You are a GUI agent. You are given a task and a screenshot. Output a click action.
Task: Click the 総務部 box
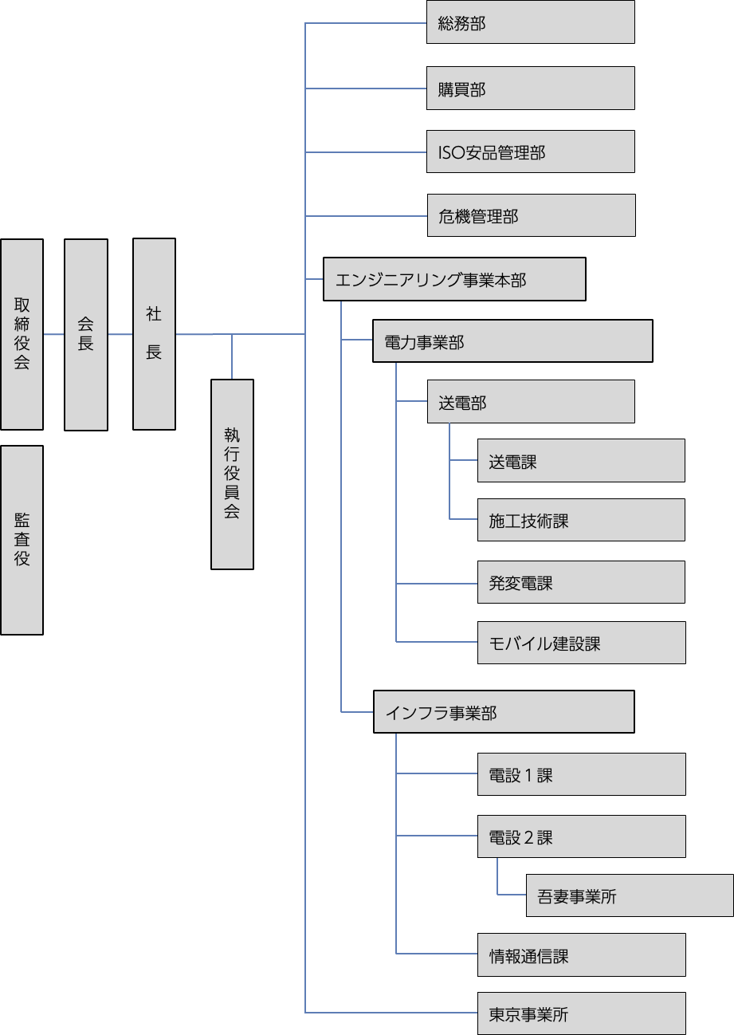[530, 22]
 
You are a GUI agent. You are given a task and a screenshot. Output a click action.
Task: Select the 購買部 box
[530, 88]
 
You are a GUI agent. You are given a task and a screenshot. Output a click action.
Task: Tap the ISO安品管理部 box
[530, 152]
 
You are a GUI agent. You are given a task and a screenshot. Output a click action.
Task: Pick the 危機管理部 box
[531, 215]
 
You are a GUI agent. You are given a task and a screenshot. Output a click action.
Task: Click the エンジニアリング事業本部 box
[454, 279]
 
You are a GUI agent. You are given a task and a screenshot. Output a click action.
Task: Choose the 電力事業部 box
[512, 341]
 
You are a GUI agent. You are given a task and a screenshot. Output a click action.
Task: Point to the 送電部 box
[530, 401]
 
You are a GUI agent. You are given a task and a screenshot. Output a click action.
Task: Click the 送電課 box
[581, 460]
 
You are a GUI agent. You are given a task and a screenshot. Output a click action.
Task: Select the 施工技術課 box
[581, 520]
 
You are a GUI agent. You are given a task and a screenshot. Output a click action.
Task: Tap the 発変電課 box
[581, 582]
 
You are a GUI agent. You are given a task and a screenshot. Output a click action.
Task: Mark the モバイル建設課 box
[581, 643]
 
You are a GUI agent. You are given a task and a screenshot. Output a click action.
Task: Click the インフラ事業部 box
[504, 712]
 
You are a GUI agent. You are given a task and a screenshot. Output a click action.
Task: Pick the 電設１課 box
[581, 774]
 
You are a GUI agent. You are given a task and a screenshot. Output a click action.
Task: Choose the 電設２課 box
[581, 836]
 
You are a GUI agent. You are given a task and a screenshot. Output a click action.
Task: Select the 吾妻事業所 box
[630, 895]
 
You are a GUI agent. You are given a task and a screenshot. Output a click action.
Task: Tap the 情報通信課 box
[581, 954]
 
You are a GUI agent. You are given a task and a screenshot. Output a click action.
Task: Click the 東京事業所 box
[581, 1013]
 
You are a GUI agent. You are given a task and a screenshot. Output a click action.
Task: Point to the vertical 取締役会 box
[22, 334]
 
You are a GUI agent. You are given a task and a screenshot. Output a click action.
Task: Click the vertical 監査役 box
[22, 540]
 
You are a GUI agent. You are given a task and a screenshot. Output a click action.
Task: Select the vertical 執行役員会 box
[232, 474]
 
